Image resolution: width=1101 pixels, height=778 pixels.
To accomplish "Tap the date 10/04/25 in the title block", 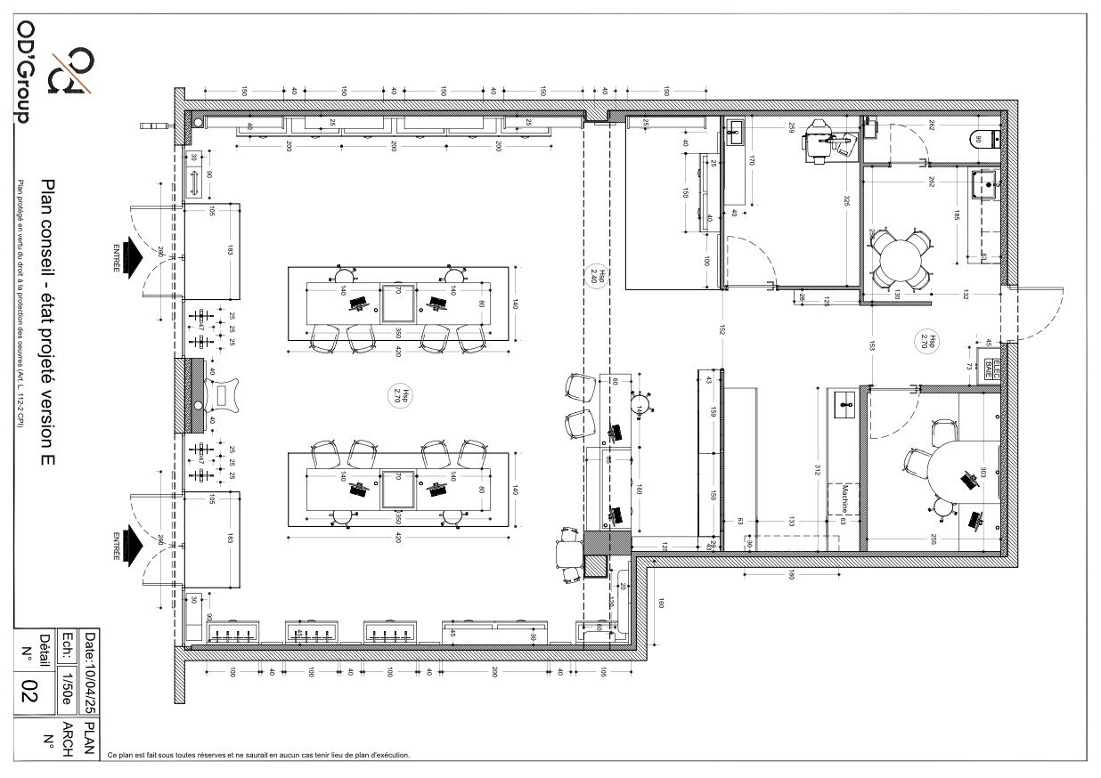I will pos(88,673).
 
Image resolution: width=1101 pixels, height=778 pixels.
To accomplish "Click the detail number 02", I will pos(29,689).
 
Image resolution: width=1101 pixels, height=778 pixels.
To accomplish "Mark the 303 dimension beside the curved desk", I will pos(983,474).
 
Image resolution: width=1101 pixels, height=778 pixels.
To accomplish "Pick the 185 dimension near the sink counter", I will pos(956,215).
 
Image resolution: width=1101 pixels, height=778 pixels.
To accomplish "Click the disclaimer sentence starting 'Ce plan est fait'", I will pos(258,755).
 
